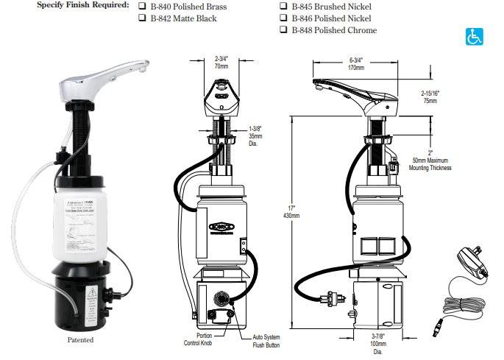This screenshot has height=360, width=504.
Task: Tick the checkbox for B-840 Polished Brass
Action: [x=142, y=6]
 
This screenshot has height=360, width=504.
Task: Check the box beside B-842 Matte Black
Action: [x=142, y=18]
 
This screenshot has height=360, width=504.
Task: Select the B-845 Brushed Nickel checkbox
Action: [x=284, y=6]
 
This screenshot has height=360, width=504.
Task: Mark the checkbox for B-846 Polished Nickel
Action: [x=284, y=18]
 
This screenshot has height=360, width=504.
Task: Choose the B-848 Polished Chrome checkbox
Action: [x=284, y=30]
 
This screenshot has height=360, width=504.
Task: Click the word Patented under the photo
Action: [x=80, y=339]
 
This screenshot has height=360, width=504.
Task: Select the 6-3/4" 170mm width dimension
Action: [x=356, y=64]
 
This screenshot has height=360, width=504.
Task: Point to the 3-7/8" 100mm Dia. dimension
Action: [x=377, y=342]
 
